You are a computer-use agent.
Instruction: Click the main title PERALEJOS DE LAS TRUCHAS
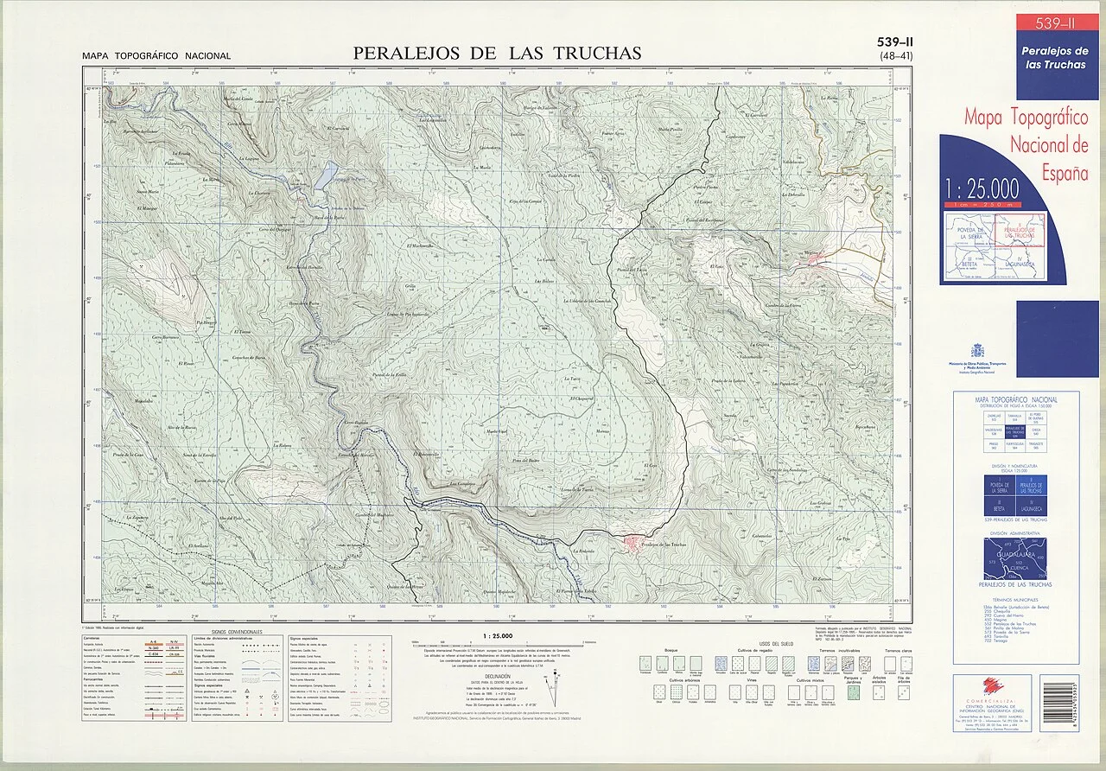click(x=497, y=53)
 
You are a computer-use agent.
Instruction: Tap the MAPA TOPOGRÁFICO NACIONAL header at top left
click(x=156, y=56)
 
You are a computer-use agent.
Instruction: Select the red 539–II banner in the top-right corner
click(x=1057, y=22)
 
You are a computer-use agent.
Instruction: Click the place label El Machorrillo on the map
click(x=421, y=247)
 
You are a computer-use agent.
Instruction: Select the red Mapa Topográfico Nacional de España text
click(x=1026, y=143)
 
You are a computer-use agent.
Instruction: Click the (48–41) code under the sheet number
click(x=896, y=56)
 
